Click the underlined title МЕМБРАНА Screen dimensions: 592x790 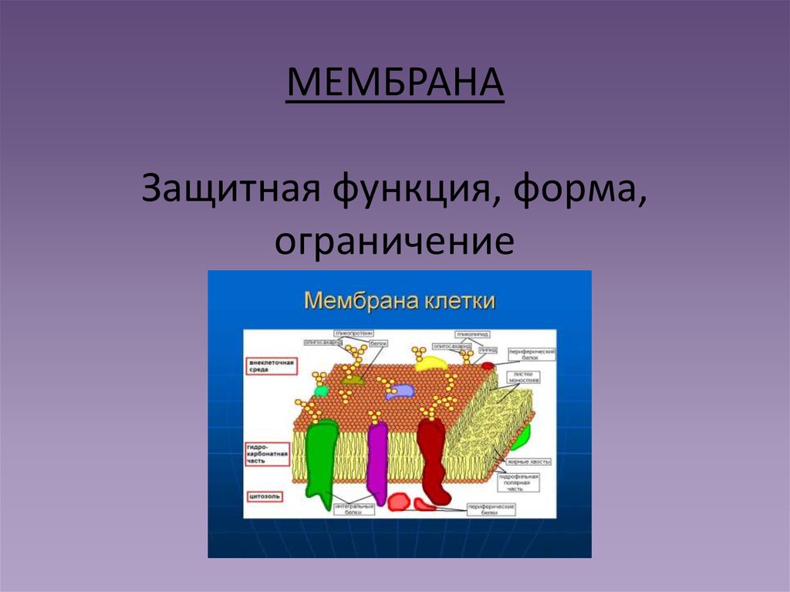(x=395, y=85)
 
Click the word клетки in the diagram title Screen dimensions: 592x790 (x=458, y=299)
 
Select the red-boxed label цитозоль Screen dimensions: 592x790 (x=263, y=495)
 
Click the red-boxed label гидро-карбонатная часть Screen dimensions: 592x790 (x=267, y=455)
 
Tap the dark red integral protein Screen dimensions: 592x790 (x=433, y=459)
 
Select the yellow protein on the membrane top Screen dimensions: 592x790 (x=429, y=363)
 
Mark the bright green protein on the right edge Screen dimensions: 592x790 (x=522, y=437)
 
